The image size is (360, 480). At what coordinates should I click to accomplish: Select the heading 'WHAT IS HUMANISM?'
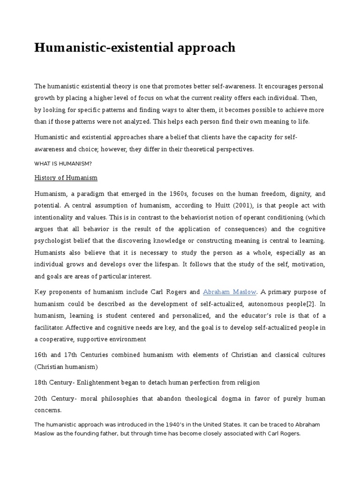(x=63, y=163)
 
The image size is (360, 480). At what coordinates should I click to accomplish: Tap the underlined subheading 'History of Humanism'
(x=66, y=178)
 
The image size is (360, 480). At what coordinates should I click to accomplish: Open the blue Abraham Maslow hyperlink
(x=229, y=292)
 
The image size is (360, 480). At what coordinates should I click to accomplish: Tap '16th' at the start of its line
(x=42, y=355)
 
